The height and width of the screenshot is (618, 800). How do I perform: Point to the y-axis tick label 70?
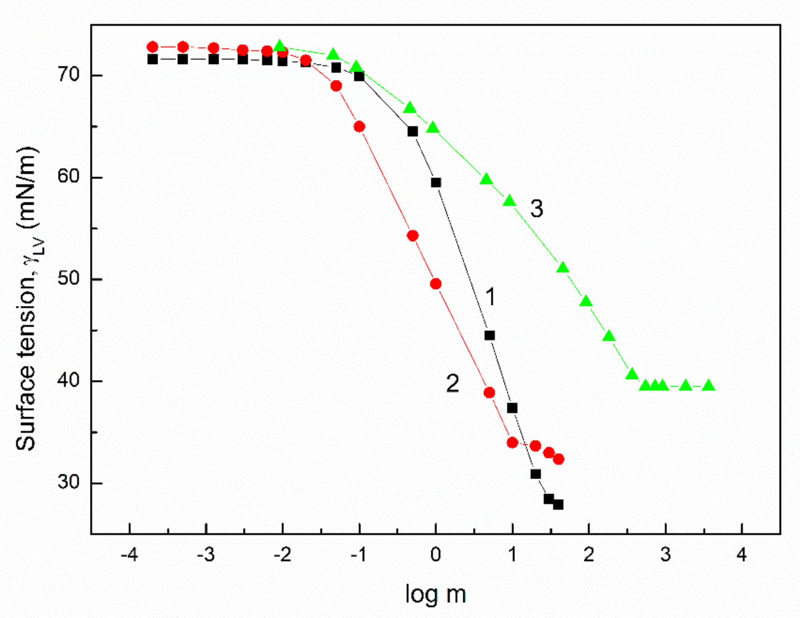(69, 75)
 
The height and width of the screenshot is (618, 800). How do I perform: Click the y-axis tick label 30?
(69, 483)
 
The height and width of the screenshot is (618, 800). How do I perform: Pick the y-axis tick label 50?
(69, 279)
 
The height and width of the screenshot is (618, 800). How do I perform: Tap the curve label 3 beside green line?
(537, 209)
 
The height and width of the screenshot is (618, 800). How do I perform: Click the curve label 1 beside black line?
(491, 296)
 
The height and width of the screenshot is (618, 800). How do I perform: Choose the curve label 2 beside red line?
(452, 383)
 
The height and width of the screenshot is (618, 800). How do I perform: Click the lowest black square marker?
(558, 504)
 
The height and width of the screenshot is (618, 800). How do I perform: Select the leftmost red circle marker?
(152, 47)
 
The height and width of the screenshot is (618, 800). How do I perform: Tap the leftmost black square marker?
(152, 59)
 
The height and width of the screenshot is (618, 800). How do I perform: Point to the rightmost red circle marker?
(558, 459)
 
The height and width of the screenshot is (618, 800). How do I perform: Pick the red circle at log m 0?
(435, 284)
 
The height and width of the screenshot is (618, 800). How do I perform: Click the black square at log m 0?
(436, 183)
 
